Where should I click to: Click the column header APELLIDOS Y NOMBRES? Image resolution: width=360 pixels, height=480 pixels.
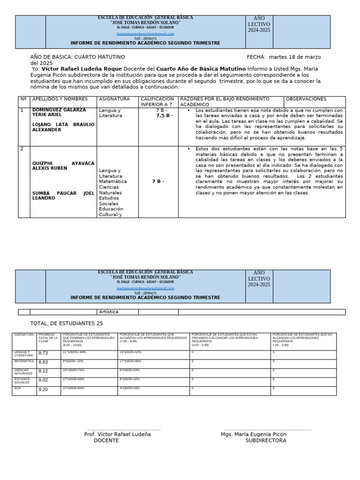60,99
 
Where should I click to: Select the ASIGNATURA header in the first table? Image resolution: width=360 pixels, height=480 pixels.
114,99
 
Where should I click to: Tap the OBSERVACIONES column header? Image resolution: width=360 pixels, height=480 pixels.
306,99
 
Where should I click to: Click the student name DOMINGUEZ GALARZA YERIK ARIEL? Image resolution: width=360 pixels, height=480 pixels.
59,112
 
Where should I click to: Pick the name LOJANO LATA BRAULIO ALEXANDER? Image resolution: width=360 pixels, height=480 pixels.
63,127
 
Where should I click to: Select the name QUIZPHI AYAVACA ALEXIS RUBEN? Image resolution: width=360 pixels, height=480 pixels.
63,166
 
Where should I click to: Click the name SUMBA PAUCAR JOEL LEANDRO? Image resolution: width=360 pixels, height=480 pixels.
63,195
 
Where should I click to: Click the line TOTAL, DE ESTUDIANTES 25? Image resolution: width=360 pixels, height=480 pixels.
66,323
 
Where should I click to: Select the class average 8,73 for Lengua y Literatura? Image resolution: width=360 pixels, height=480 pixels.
43,353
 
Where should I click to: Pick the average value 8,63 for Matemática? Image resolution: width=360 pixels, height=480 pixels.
43,362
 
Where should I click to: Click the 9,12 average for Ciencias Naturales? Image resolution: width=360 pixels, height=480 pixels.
43,371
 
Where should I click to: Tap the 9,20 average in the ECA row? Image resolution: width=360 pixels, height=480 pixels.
43,390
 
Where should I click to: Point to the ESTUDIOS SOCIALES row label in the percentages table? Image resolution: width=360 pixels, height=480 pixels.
22,381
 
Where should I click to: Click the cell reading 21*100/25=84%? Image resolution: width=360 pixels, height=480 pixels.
74,389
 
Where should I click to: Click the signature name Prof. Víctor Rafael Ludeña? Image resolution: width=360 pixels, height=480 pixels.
117,435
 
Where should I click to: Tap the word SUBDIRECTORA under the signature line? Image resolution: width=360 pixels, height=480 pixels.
266,441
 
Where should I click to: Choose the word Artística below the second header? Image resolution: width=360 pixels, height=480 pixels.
109,312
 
